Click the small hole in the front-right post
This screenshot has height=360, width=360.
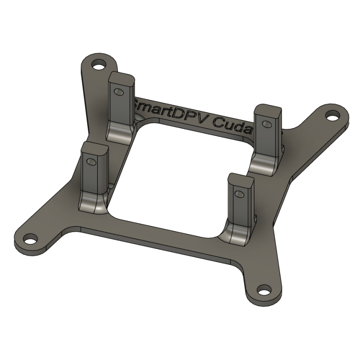click(239, 194)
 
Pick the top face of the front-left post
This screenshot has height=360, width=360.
click(95, 147)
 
